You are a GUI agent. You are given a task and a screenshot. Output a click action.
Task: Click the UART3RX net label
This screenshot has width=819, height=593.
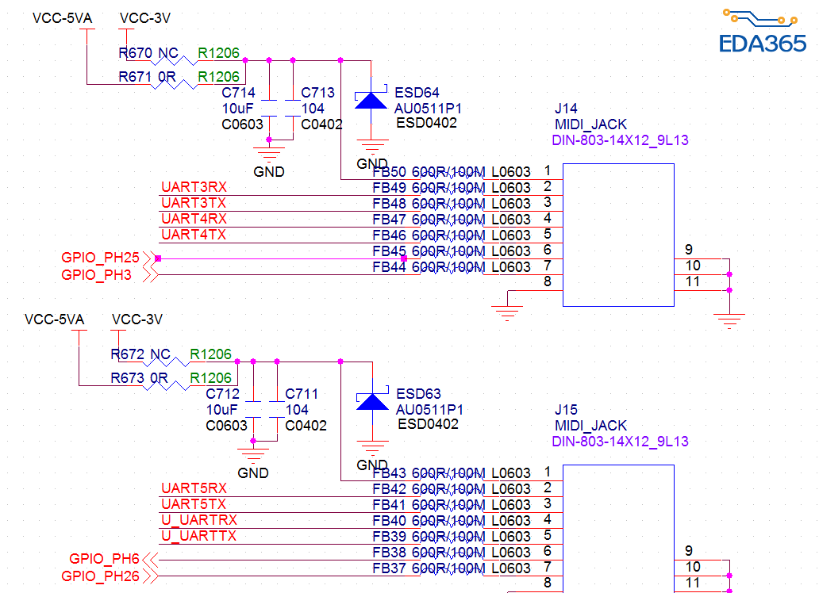pyautogui.click(x=194, y=187)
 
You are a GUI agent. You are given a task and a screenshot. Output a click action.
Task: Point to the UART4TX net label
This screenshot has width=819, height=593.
pyautogui.click(x=194, y=235)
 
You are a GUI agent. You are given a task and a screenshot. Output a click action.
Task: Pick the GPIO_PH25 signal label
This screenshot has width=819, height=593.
pyautogui.click(x=100, y=258)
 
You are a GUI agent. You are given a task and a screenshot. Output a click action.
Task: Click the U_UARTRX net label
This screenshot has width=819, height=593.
pyautogui.click(x=198, y=520)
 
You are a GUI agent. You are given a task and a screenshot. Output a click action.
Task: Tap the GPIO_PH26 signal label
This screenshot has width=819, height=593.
pyautogui.click(x=100, y=576)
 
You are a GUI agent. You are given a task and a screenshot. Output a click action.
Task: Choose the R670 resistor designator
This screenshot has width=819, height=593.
pyautogui.click(x=135, y=53)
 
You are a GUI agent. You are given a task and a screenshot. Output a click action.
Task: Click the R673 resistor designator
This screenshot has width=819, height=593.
pyautogui.click(x=127, y=378)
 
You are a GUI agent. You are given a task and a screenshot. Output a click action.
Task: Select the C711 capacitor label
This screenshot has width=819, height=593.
pyautogui.click(x=302, y=394)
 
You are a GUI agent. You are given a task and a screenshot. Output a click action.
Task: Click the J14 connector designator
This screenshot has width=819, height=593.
pyautogui.click(x=566, y=109)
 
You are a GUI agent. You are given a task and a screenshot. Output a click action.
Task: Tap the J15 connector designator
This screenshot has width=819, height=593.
pyautogui.click(x=566, y=410)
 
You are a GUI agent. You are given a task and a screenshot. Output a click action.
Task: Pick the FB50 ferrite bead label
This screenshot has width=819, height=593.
pyautogui.click(x=389, y=171)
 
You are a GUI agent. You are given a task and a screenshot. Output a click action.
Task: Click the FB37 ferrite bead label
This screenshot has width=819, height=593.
pyautogui.click(x=389, y=568)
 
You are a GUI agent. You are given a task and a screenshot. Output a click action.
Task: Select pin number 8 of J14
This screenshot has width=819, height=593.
pyautogui.click(x=548, y=282)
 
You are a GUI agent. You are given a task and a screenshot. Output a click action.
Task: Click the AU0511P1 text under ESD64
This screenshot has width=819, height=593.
pyautogui.click(x=429, y=108)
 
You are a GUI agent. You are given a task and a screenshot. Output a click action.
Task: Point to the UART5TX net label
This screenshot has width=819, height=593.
pyautogui.click(x=194, y=504)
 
